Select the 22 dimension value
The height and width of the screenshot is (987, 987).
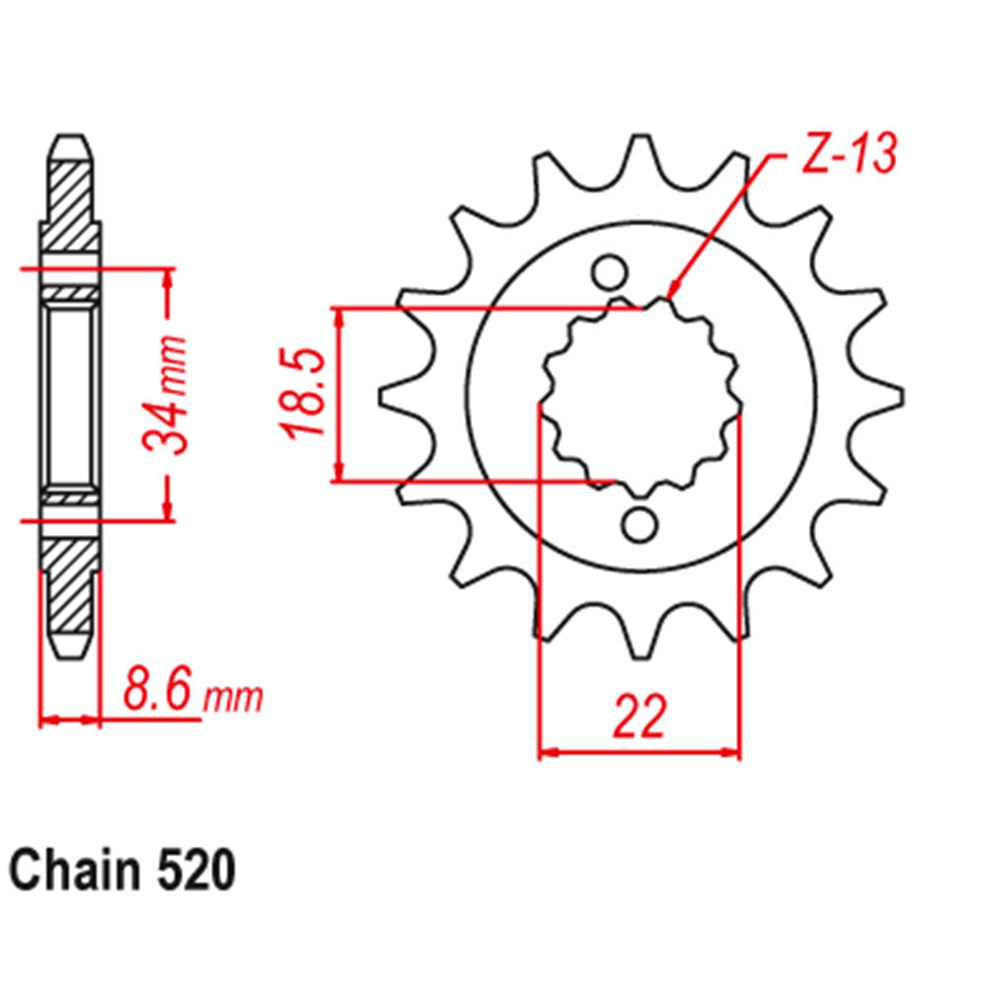tap(639, 718)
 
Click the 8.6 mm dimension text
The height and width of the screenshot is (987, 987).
tap(193, 692)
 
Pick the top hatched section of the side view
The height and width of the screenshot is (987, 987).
tap(70, 207)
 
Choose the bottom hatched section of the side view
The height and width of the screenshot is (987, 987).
tap(70, 582)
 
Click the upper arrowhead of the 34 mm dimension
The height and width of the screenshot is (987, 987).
tap(169, 276)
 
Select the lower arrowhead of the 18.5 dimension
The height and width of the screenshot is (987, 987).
tap(340, 472)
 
